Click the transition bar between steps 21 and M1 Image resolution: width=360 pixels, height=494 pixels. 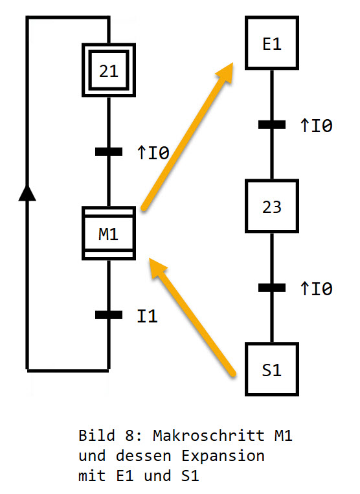point(109,152)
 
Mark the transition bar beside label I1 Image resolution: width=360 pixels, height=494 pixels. point(109,315)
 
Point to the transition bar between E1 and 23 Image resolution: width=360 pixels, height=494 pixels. point(272,125)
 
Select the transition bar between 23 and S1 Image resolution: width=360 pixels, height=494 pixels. point(272,287)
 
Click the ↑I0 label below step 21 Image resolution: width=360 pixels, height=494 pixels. point(153,153)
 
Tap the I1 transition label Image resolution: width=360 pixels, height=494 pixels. point(148,316)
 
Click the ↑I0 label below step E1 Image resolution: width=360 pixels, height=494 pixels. point(317,126)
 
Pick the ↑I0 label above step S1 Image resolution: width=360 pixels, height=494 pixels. point(317,289)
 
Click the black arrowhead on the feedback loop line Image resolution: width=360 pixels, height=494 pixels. point(27,193)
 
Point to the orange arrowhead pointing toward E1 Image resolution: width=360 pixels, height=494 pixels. point(225,73)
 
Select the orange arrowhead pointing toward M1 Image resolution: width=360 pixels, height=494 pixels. point(157,267)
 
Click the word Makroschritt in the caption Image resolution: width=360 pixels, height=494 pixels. point(208,436)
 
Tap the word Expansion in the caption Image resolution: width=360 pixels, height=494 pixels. point(223,456)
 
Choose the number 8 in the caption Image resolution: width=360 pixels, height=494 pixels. point(129,436)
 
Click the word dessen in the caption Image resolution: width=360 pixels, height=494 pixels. point(143,456)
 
